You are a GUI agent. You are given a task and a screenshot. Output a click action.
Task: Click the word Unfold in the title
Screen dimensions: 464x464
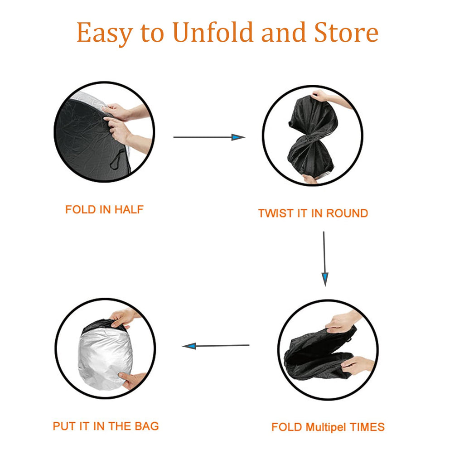pos(213,32)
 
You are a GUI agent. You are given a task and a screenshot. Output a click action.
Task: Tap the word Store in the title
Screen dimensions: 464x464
pos(346,32)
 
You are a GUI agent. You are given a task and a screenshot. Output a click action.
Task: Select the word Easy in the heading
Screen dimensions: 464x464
pos(105,33)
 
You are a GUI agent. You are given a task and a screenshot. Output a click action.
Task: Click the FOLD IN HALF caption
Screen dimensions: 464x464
pos(104,209)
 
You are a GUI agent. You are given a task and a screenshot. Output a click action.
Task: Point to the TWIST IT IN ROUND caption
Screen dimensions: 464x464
pos(313,213)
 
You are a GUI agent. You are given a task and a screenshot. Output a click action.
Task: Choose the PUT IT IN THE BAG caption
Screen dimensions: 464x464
pos(106,426)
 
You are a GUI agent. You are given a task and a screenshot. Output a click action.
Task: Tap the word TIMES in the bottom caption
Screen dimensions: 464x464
pos(367,427)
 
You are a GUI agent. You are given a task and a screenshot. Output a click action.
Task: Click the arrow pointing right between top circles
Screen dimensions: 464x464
pos(209,137)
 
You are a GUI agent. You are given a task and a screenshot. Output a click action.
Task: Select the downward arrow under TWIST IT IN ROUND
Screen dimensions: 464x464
pos(324,259)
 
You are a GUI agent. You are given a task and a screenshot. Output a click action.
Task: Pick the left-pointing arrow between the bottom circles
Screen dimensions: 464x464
pos(216,346)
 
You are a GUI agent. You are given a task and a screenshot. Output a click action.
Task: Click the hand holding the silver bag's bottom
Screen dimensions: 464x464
pos(132,380)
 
